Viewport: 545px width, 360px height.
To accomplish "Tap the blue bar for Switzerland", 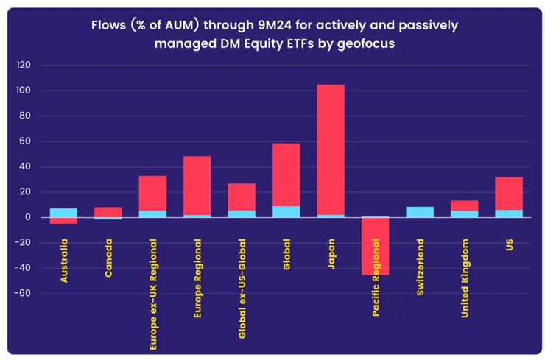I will (x=420, y=212).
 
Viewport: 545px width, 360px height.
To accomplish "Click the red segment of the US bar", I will (x=509, y=193).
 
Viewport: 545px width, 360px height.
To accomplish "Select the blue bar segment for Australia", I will (x=63, y=213).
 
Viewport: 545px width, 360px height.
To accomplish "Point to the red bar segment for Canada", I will (x=108, y=212).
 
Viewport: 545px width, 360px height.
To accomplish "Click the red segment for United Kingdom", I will (x=464, y=205).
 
